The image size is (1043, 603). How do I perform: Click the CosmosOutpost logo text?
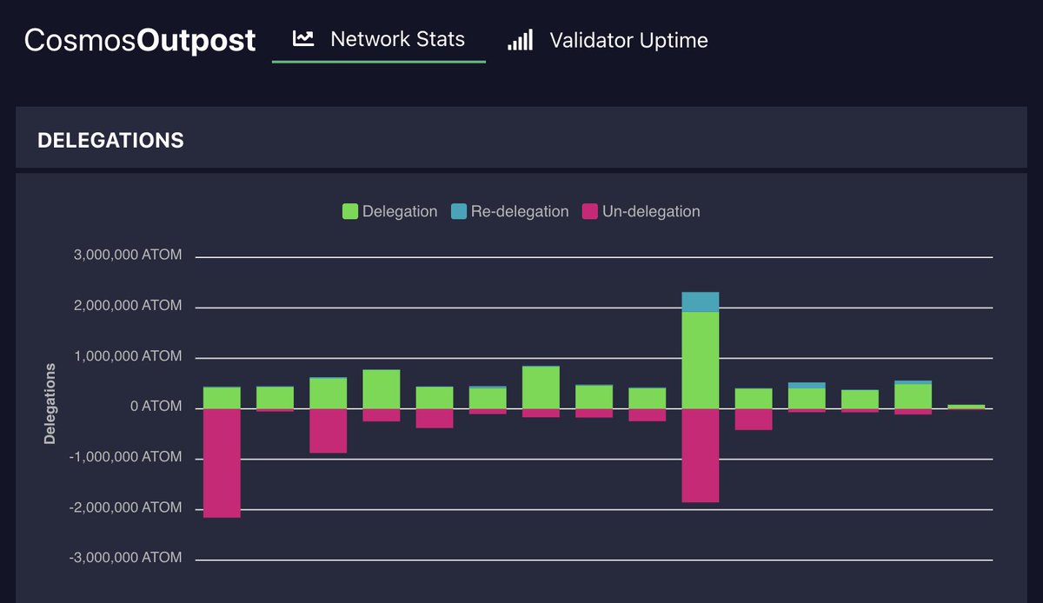(140, 40)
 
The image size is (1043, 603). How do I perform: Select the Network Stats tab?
(397, 39)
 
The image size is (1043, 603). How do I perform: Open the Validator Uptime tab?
(628, 40)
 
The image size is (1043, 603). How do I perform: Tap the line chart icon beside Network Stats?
(303, 39)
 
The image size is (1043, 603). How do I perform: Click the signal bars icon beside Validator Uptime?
(520, 40)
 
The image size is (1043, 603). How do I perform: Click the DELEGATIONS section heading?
(110, 140)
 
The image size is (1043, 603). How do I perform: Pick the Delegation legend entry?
(390, 211)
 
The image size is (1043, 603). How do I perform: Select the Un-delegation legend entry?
(641, 211)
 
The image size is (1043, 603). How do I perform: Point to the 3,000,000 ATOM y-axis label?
(127, 255)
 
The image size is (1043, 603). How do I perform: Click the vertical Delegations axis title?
(50, 404)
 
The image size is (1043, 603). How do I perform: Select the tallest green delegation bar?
(700, 360)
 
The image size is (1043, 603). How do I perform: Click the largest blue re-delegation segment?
(700, 301)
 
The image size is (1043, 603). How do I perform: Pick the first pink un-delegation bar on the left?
(222, 462)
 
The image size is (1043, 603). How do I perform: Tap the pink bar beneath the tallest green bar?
(700, 454)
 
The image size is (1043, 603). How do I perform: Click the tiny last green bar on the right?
(966, 406)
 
